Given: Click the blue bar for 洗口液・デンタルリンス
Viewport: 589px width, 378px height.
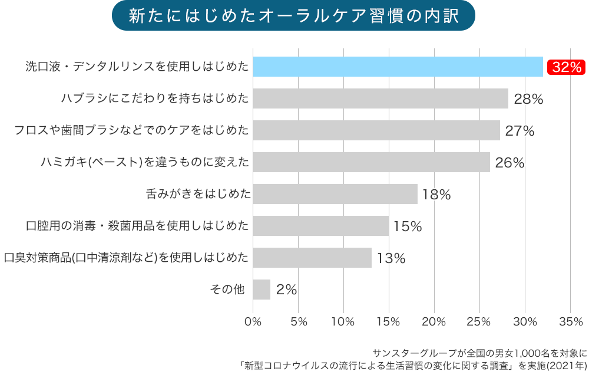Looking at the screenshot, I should (x=398, y=67).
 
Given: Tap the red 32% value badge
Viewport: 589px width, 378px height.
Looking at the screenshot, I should (x=566, y=67).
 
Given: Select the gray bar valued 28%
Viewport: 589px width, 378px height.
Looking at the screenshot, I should (x=380, y=98).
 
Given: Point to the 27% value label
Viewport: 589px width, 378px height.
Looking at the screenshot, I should (x=519, y=131).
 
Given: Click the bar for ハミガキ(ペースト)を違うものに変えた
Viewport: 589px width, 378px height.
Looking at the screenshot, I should (x=371, y=162).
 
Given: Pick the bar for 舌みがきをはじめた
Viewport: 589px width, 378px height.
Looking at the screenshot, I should (x=335, y=194).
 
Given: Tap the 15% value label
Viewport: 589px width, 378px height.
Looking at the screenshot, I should (x=408, y=226).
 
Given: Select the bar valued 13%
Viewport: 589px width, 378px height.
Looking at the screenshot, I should (x=312, y=258).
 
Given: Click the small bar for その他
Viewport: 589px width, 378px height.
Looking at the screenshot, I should (x=262, y=290).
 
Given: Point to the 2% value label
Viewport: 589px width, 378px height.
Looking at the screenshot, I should (x=286, y=290).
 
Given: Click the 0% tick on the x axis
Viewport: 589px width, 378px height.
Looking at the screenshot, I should (x=253, y=322).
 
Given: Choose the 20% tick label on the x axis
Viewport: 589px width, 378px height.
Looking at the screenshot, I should (x=434, y=322).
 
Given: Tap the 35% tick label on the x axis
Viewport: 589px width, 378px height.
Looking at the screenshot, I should (x=570, y=322).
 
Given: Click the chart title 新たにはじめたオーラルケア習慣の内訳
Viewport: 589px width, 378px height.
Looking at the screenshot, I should (x=293, y=16).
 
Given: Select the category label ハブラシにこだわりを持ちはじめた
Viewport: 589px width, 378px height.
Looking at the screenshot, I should (x=155, y=98).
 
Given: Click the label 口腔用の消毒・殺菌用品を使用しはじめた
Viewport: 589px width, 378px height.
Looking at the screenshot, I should (x=137, y=226).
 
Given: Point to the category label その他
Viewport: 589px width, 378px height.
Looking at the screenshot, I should (x=227, y=290).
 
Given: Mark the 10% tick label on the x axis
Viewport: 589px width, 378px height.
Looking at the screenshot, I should (x=343, y=322).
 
